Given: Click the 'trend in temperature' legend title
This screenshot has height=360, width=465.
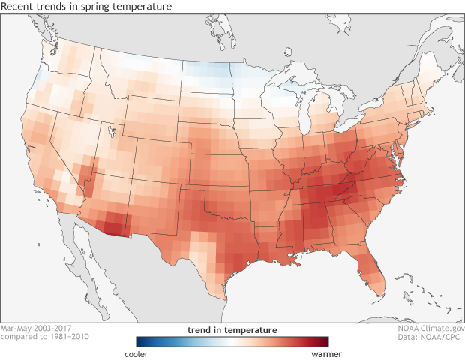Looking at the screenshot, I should coord(232,329).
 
